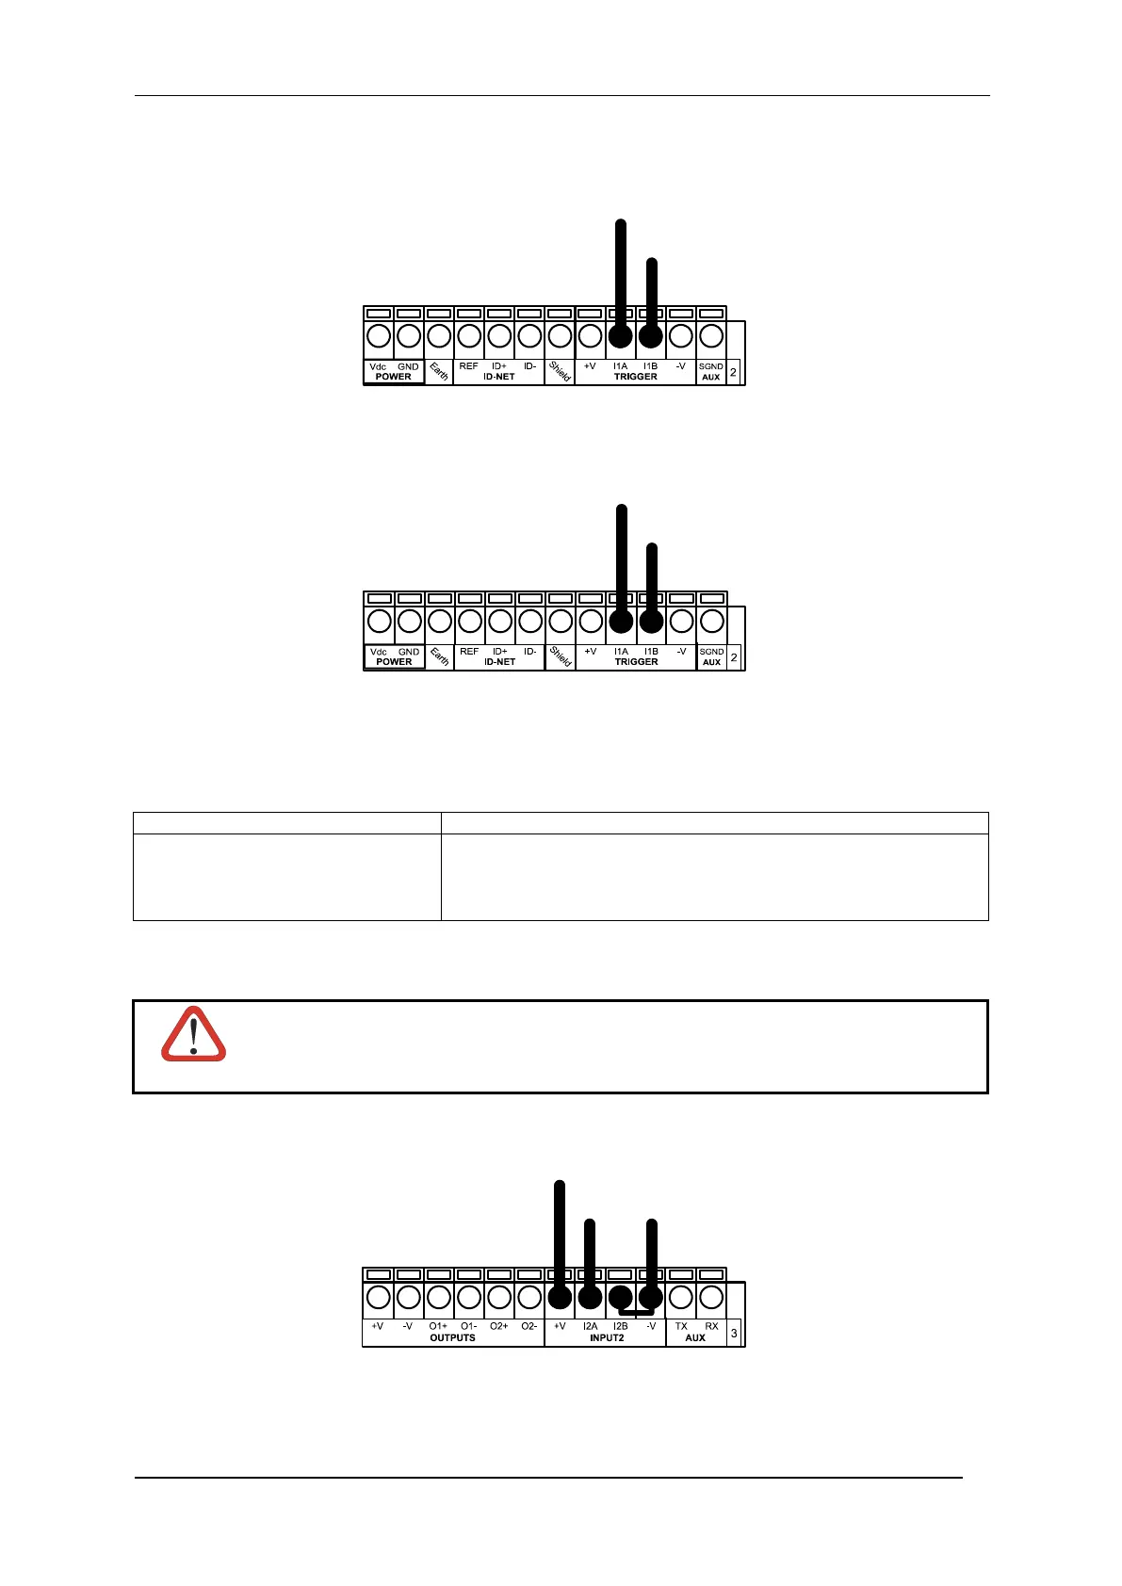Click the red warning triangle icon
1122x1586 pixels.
click(x=193, y=1035)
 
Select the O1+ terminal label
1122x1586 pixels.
click(x=438, y=1326)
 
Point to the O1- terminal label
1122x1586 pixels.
click(x=468, y=1326)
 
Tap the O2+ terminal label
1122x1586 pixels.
click(x=498, y=1326)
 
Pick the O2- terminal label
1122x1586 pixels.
click(x=528, y=1326)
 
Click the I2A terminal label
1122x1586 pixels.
click(x=590, y=1326)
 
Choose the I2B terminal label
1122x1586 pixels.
click(x=620, y=1326)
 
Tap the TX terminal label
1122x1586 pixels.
click(x=681, y=1326)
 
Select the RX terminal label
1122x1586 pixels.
click(x=711, y=1326)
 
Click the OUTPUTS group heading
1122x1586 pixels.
click(x=452, y=1337)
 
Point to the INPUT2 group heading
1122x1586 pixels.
click(x=607, y=1337)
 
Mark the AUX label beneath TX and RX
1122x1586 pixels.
click(x=695, y=1337)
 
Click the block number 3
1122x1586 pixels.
click(x=735, y=1333)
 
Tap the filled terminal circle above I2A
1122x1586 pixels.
click(x=590, y=1297)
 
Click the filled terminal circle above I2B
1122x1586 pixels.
click(x=620, y=1296)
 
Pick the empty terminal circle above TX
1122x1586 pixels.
click(x=681, y=1297)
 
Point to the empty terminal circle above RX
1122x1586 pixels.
click(x=711, y=1297)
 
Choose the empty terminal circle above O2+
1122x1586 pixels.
click(x=499, y=1297)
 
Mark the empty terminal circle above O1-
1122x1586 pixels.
click(x=469, y=1297)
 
